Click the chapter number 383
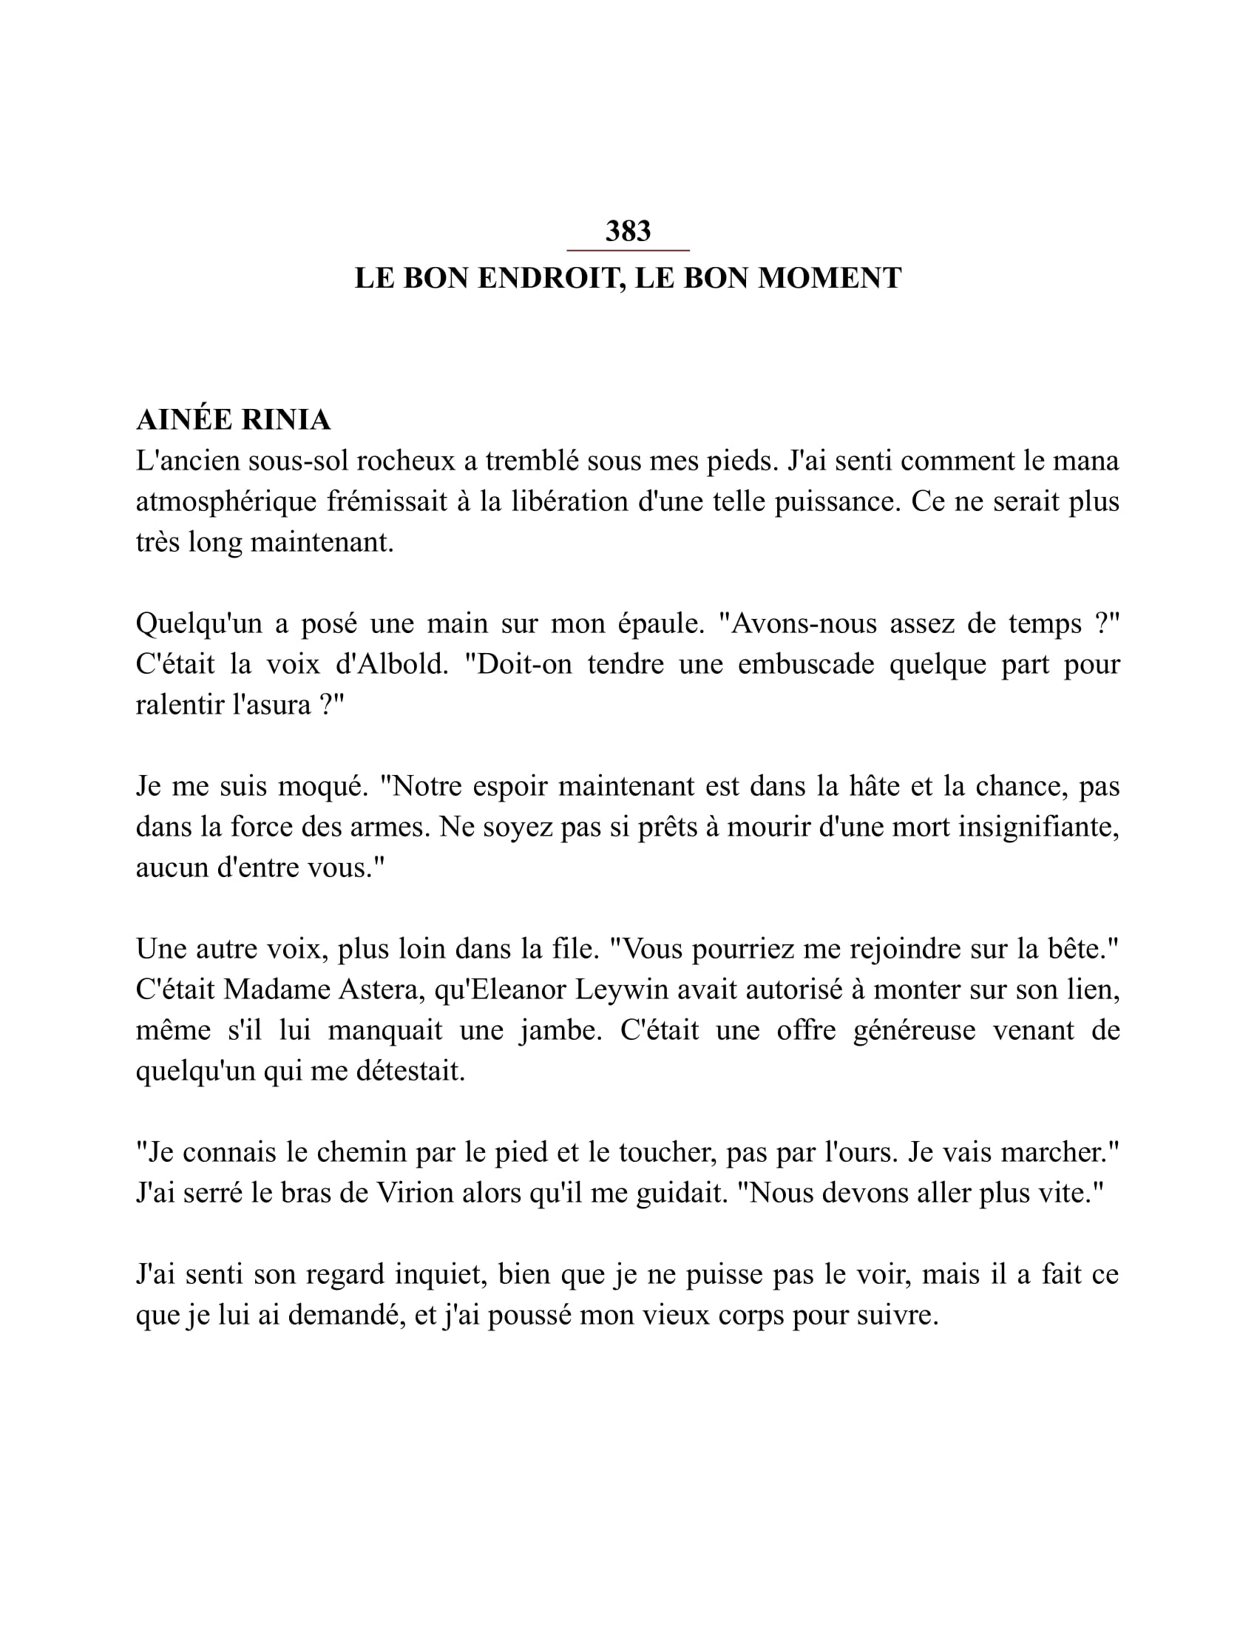click(628, 231)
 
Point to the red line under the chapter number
click(628, 251)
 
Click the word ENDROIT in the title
click(546, 279)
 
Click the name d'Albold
click(393, 665)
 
